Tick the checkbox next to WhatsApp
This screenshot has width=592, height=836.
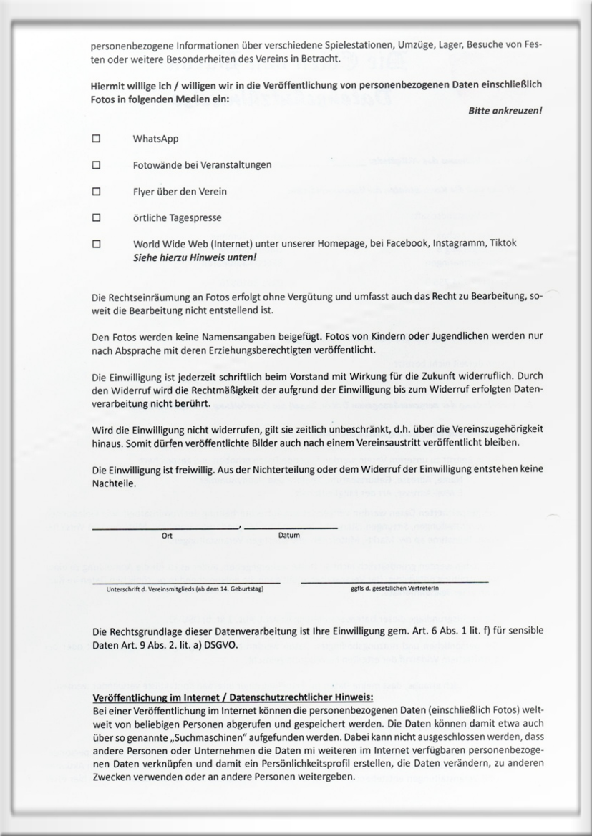(x=95, y=139)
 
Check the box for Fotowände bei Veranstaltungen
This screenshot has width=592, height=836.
(x=95, y=165)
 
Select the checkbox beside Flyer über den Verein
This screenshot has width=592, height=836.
(x=95, y=192)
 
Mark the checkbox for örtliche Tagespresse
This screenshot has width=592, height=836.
(x=95, y=217)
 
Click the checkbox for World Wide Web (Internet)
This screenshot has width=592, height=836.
(x=95, y=244)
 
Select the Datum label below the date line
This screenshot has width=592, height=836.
(x=288, y=536)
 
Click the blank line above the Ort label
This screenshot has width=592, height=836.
(x=166, y=528)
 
